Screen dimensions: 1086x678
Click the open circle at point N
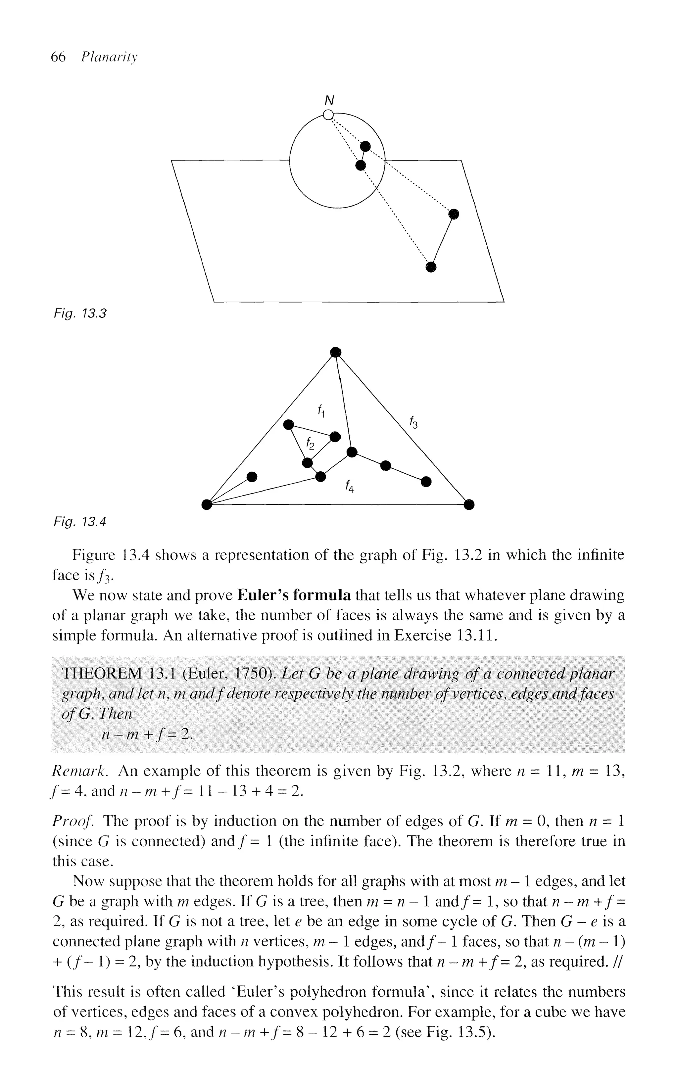tap(329, 115)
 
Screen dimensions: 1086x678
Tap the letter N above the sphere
tap(330, 100)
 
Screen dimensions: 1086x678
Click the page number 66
tap(58, 57)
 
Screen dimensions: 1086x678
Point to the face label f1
tap(321, 410)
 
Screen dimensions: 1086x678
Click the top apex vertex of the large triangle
tap(335, 352)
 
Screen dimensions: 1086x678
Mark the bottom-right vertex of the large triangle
tap(468, 505)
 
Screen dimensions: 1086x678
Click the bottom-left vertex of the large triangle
tap(206, 505)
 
